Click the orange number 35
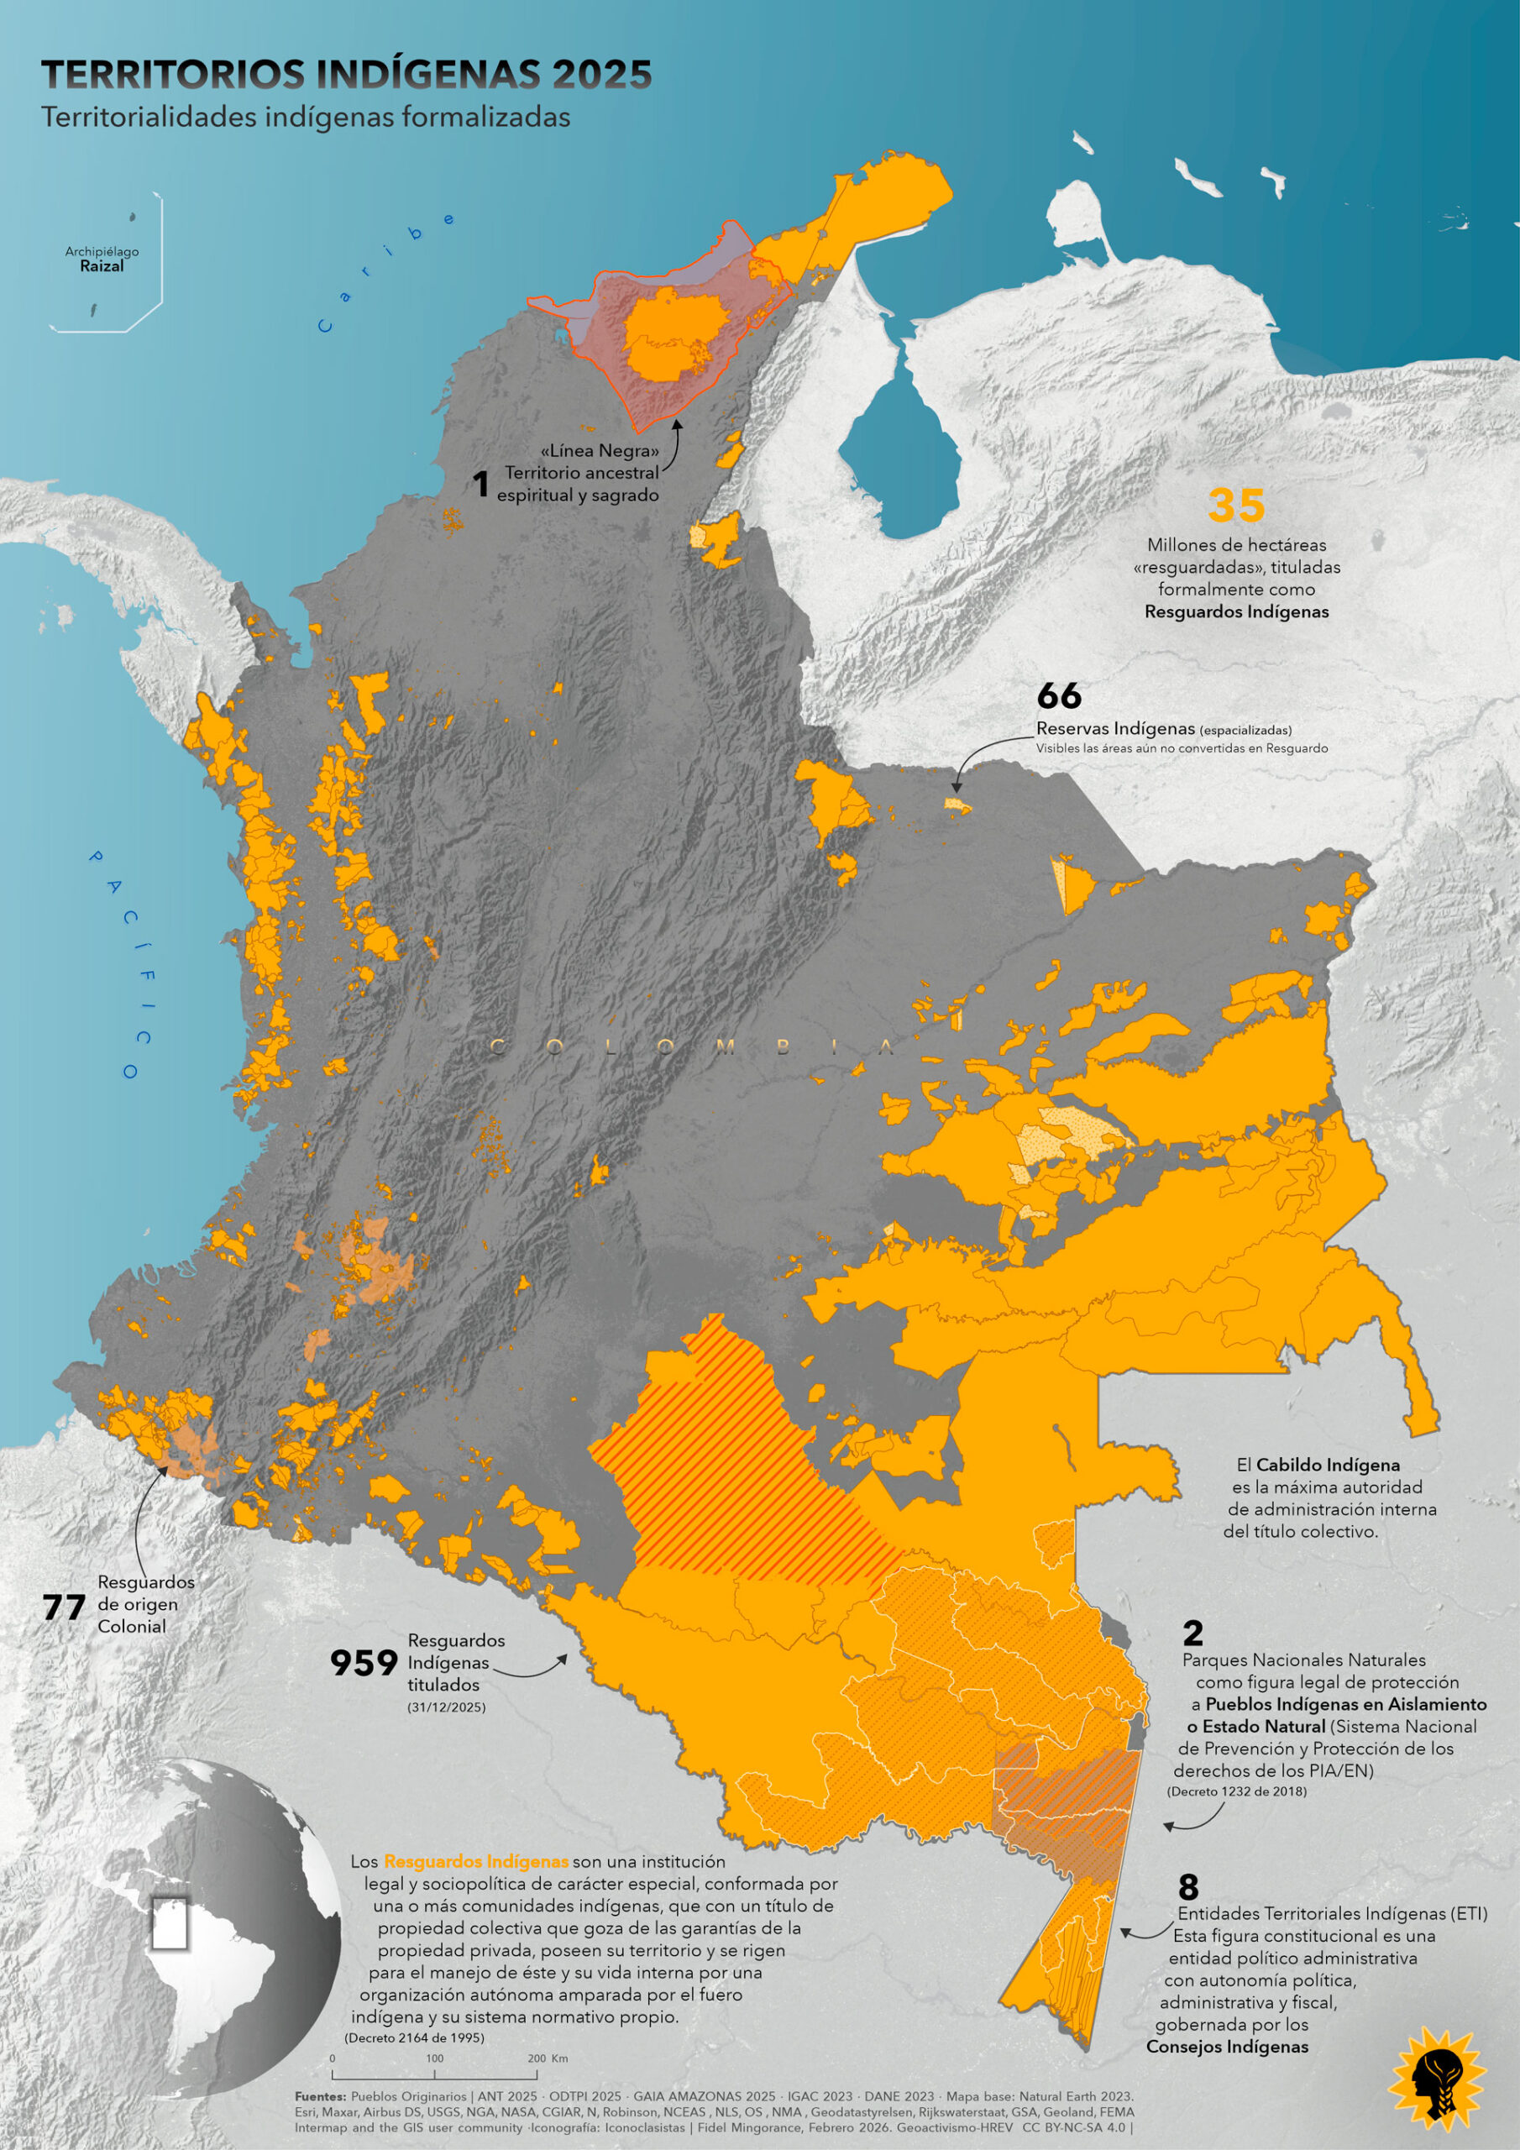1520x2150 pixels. [x=1235, y=506]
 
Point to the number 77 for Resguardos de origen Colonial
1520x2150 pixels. [x=64, y=1607]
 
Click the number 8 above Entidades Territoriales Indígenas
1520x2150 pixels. [x=1187, y=1886]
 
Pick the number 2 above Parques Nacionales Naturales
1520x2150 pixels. [x=1192, y=1633]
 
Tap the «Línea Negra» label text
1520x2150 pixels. [x=600, y=450]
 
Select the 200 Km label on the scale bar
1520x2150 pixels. [x=548, y=2058]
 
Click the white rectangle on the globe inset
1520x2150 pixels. [x=170, y=1924]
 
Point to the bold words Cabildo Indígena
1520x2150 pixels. [x=1327, y=1465]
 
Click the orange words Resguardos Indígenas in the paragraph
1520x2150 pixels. [x=476, y=1862]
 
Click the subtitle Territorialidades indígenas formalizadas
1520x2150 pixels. [x=306, y=117]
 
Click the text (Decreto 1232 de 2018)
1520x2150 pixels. [x=1236, y=1791]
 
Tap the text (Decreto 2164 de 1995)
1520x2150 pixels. [x=414, y=2037]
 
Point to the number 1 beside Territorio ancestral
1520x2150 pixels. [x=480, y=484]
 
